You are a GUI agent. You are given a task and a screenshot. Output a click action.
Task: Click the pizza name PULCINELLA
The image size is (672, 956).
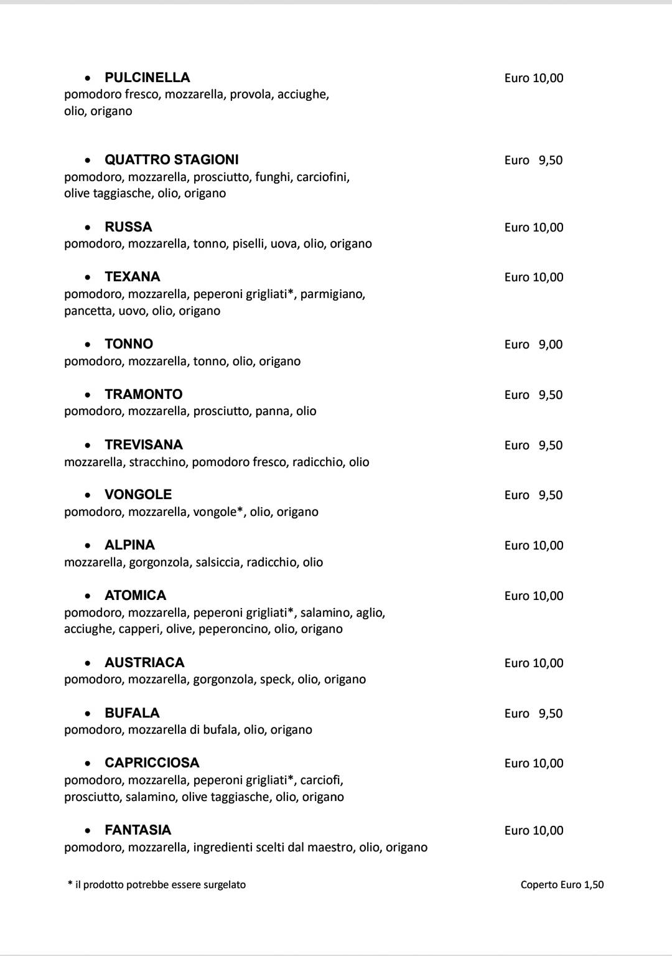[x=147, y=78]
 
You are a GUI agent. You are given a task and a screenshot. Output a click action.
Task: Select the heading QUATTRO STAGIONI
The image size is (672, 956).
[x=171, y=160]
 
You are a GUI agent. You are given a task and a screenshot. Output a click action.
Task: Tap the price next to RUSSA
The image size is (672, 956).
[x=534, y=227]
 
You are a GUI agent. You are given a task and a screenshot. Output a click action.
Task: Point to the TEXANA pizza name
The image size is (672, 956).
[x=132, y=277]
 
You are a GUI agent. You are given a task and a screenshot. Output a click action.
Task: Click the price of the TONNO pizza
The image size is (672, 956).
[x=534, y=344]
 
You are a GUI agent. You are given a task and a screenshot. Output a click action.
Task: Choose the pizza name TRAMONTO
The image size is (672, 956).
[x=143, y=395]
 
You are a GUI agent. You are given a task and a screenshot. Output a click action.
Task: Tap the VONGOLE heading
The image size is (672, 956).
[x=138, y=495]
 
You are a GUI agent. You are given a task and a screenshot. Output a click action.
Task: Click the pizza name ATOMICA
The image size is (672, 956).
[x=135, y=596]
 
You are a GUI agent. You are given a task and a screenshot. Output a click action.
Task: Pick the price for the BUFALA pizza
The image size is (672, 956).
[x=534, y=713]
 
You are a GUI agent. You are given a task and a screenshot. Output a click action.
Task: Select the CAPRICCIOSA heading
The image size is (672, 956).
[x=152, y=763]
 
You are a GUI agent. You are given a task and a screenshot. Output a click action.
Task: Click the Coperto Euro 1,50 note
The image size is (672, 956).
[x=562, y=884]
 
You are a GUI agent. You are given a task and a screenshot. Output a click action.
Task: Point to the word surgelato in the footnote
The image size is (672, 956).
[x=225, y=885]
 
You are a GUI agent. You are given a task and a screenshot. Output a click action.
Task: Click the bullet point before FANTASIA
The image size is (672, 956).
[x=89, y=831]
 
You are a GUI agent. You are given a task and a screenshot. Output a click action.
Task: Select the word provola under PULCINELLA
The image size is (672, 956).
[x=251, y=95]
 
